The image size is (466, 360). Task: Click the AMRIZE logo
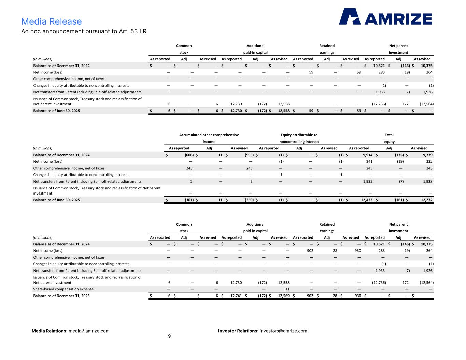[385, 16]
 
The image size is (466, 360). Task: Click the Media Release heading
[52, 21]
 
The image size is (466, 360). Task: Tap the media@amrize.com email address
[89, 331]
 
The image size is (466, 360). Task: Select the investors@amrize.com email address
[283, 331]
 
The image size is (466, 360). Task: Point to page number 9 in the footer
[169, 336]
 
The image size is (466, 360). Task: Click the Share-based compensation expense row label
[63, 289]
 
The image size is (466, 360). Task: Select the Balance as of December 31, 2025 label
[61, 296]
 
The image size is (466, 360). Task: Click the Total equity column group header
[389, 138]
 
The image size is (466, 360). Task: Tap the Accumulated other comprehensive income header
[209, 138]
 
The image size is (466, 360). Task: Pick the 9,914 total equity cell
[368, 155]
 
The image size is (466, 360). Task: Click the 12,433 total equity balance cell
[367, 200]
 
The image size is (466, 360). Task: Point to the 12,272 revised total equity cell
[426, 200]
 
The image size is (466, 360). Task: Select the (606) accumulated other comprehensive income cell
[189, 155]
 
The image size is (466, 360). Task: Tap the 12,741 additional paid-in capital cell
[236, 296]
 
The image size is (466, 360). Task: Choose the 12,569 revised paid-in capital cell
[284, 296]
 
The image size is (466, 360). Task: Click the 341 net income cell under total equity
[369, 161]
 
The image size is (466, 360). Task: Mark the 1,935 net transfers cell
[368, 181]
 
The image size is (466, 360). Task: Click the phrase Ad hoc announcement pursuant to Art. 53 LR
[84, 31]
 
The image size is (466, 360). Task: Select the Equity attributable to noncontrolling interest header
[299, 138]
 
